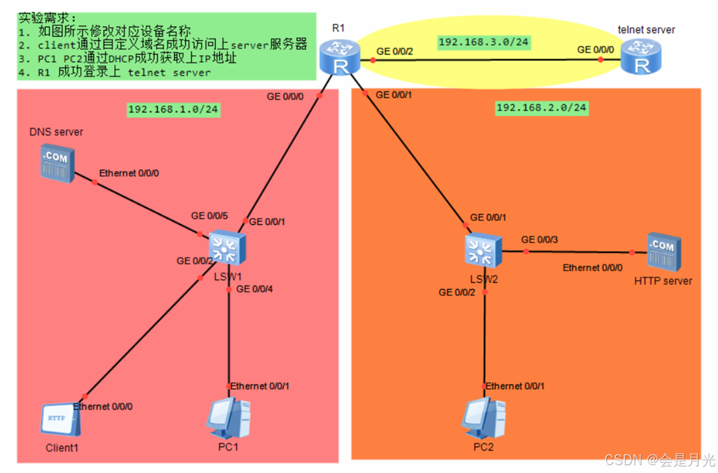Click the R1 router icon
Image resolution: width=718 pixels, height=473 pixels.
click(x=338, y=56)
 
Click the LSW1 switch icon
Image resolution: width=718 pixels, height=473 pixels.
click(x=226, y=249)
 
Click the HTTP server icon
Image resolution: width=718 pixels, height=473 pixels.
click(x=663, y=252)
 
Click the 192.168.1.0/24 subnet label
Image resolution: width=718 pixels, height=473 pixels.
click(x=173, y=109)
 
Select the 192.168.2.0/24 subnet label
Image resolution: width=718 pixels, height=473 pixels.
click(x=541, y=108)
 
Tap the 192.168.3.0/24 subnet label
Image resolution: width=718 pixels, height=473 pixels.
click(x=484, y=42)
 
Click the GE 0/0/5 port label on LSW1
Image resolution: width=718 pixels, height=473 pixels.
click(x=209, y=215)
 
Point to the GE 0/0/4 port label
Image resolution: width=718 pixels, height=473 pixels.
click(x=255, y=289)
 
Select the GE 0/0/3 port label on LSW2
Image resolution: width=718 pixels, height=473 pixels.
click(x=539, y=239)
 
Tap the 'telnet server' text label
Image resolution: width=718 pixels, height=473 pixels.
click(x=646, y=30)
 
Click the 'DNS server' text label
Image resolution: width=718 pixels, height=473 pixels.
click(x=56, y=132)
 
